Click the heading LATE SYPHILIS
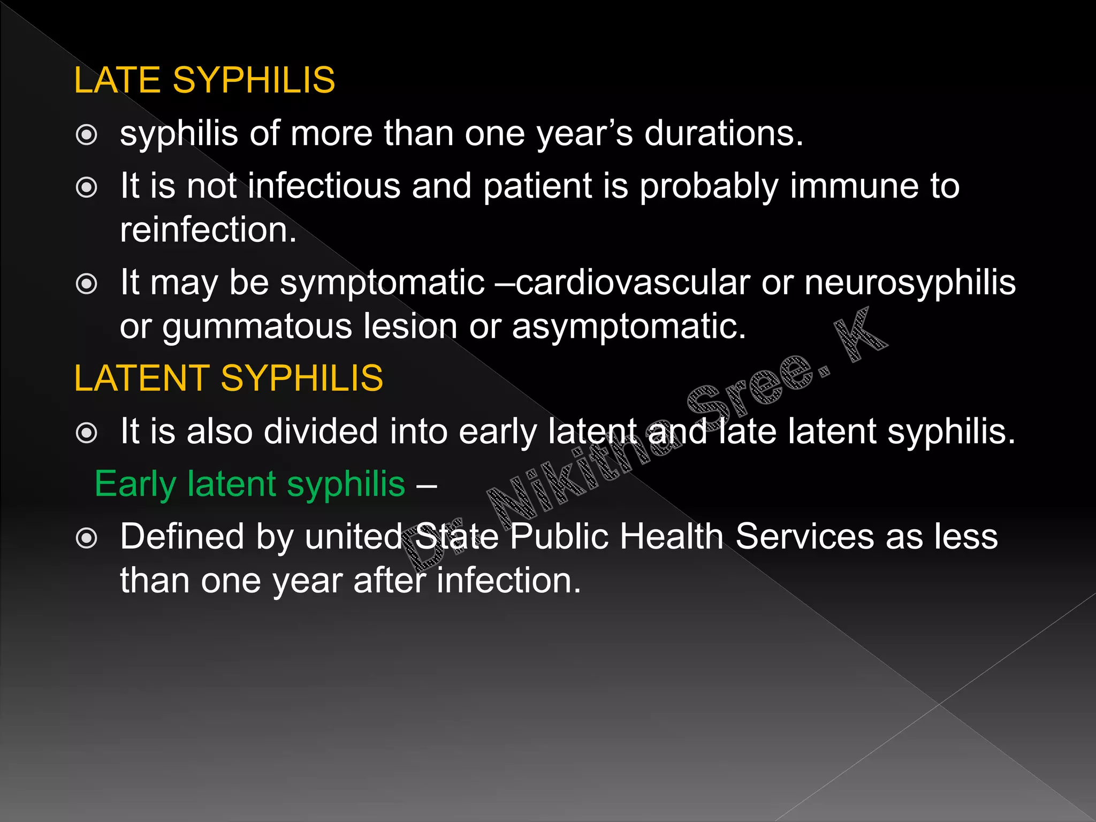click(204, 80)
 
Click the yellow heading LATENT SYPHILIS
click(229, 378)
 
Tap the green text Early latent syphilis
click(250, 484)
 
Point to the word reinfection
click(208, 230)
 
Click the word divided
click(321, 431)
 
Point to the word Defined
click(182, 537)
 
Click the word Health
click(671, 537)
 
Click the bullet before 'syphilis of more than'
click(87, 135)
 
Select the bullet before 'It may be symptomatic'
click(87, 284)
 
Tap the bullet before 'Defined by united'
click(87, 538)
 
